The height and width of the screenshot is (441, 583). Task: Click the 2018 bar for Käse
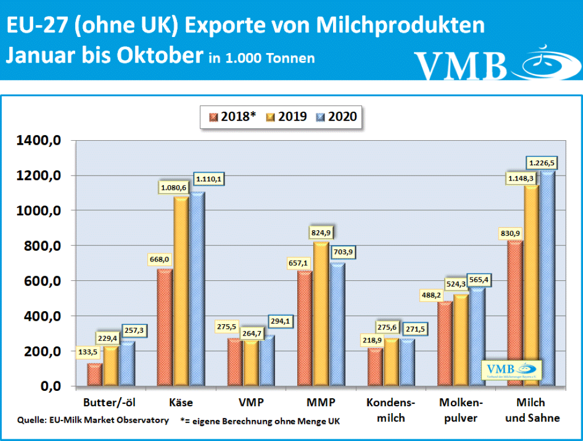coord(165,328)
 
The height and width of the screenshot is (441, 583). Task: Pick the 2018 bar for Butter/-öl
coord(95,375)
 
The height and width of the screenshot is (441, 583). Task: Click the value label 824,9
coord(321,233)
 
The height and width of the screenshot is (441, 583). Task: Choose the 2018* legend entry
coord(232,117)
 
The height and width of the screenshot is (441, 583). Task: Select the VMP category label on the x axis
coord(251,403)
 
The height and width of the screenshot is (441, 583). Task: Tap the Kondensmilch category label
coord(391,410)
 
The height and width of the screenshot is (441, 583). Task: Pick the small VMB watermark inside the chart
coord(512,371)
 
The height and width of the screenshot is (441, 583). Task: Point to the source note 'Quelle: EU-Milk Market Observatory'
coord(93,420)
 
